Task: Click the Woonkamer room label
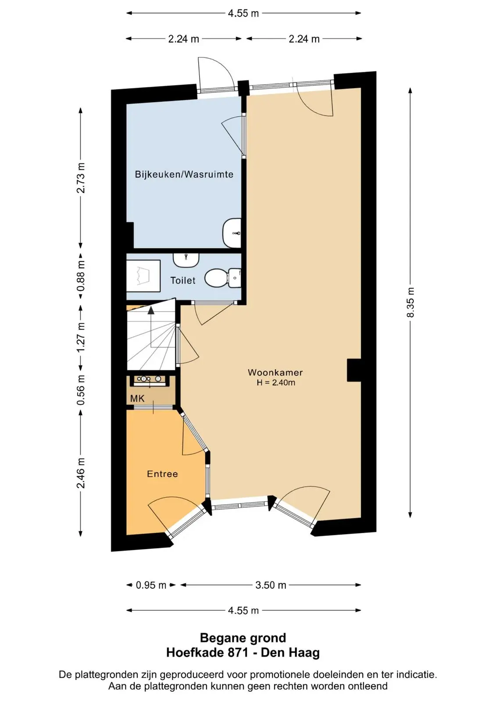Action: tap(275, 372)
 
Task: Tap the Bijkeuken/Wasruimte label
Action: tap(184, 174)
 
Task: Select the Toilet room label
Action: tap(183, 280)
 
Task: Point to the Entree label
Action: tap(162, 474)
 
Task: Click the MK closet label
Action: tap(137, 398)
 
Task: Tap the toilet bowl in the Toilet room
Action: tap(222, 278)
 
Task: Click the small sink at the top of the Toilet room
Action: tap(186, 260)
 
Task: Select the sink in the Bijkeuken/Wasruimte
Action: tap(232, 233)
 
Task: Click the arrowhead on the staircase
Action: tap(151, 311)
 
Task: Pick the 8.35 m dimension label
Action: tap(410, 302)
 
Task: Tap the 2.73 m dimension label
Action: tap(81, 178)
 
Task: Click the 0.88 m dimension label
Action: tap(81, 276)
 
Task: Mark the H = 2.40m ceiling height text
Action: tap(276, 382)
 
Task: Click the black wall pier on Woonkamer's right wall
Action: tap(354, 370)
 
